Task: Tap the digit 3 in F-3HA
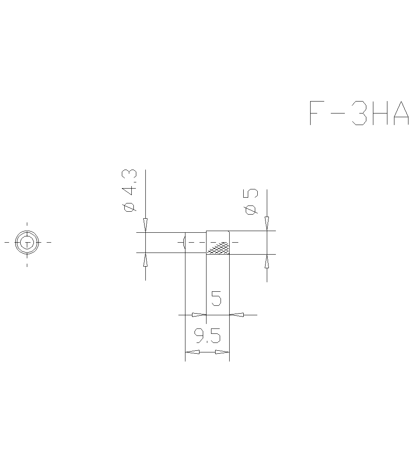coord(358,113)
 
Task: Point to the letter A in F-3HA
coord(401,113)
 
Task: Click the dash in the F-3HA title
coord(338,113)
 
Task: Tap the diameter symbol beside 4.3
coord(130,207)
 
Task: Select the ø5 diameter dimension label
coord(251,202)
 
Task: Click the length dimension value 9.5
coord(208,336)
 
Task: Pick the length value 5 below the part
coord(216,298)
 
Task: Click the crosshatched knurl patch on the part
coord(218,248)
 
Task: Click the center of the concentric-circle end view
coord(27,242)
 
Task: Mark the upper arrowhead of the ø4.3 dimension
coord(145,225)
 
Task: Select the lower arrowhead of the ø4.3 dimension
coord(145,260)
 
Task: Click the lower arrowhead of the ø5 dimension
coord(267,262)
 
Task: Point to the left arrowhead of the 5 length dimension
coord(199,315)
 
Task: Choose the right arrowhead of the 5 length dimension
coord(237,315)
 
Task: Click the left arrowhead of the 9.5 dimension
coord(192,352)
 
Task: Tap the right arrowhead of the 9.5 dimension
coord(222,352)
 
